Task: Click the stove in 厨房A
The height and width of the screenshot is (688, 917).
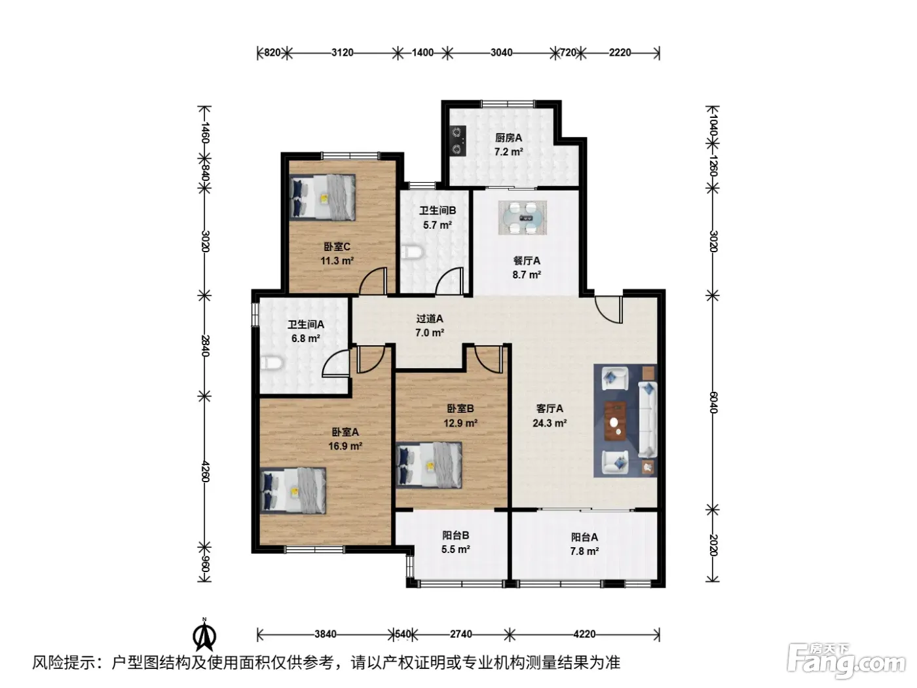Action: click(x=458, y=140)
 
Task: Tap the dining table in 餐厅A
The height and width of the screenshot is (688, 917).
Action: click(x=522, y=218)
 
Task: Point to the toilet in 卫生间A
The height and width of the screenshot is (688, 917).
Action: click(x=271, y=362)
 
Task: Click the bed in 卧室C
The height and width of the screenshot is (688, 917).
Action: click(x=322, y=197)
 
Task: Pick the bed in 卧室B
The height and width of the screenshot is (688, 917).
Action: click(x=429, y=465)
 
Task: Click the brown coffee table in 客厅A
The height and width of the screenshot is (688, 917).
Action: click(x=615, y=421)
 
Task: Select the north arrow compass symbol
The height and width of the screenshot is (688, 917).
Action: click(x=204, y=636)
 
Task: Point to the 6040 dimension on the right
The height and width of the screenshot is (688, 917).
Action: click(x=713, y=402)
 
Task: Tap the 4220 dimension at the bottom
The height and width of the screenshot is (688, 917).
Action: click(x=584, y=634)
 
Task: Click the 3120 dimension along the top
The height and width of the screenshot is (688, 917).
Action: click(x=342, y=52)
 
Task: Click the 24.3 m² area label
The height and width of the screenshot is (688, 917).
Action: click(x=550, y=423)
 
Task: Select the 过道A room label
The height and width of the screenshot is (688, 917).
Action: click(x=430, y=318)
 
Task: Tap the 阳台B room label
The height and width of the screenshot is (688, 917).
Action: click(x=455, y=535)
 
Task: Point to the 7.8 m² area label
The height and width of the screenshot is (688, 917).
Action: click(x=584, y=552)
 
